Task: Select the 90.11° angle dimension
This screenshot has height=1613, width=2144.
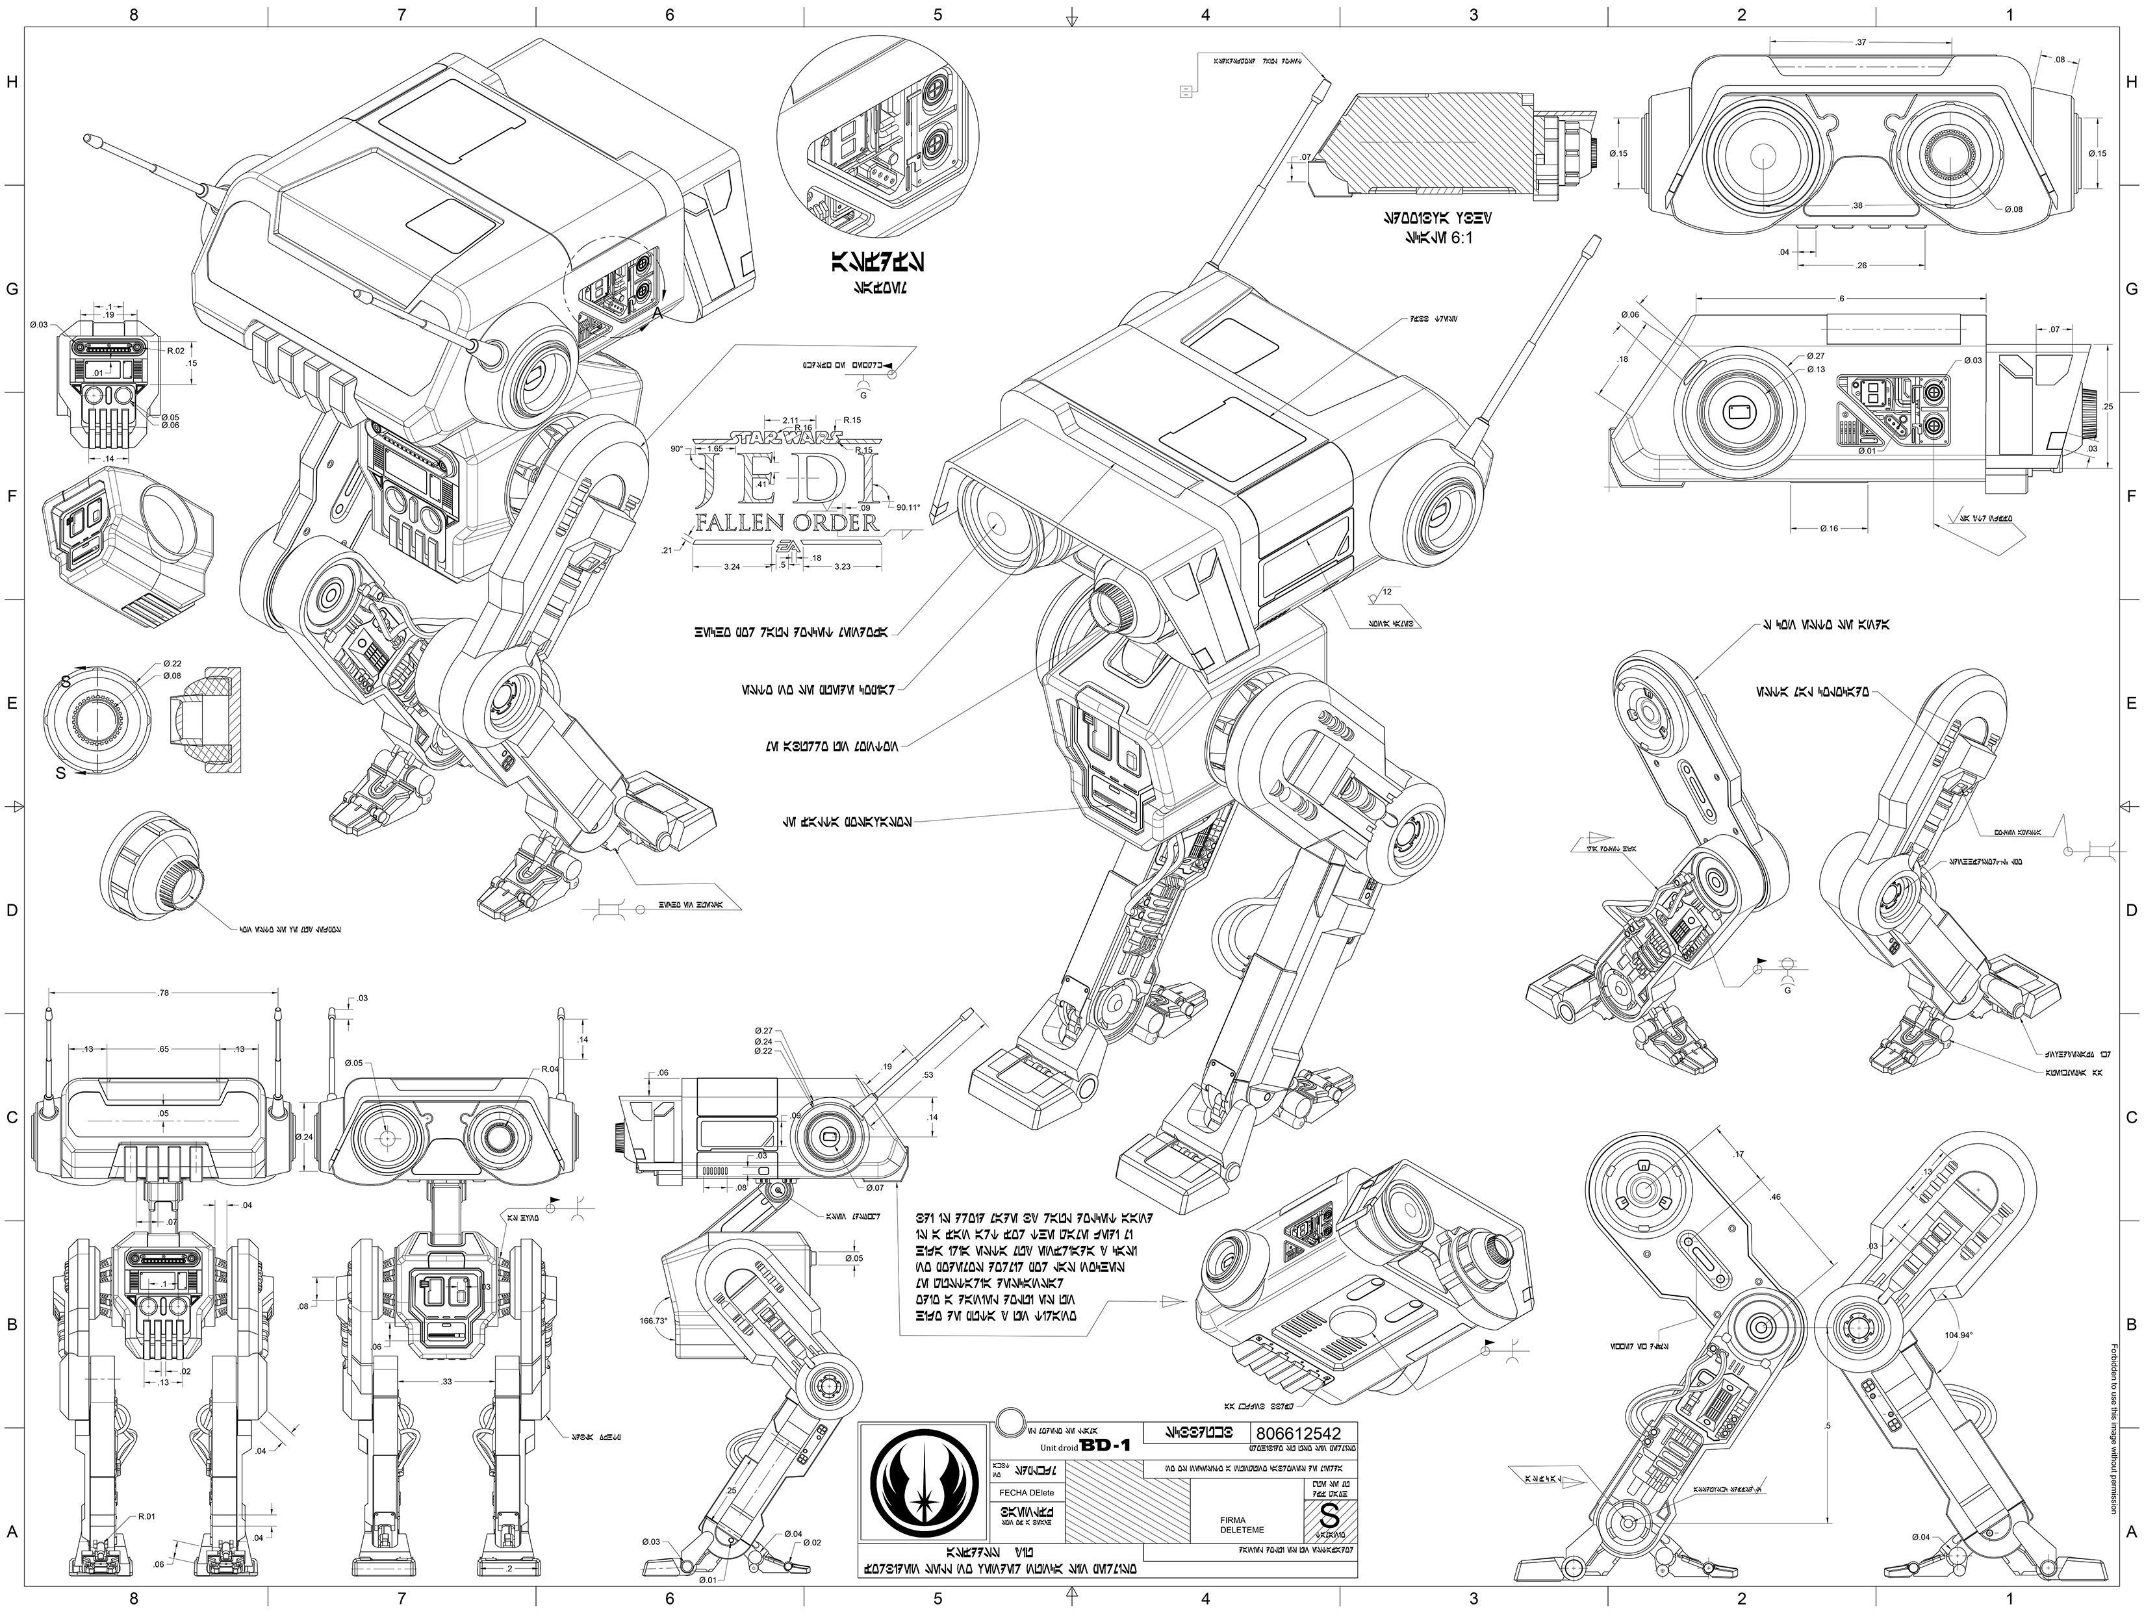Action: (x=908, y=507)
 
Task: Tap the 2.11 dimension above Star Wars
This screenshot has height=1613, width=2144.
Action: (x=790, y=420)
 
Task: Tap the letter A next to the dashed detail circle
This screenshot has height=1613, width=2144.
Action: (x=656, y=314)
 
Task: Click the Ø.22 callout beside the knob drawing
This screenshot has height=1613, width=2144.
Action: (x=173, y=663)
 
